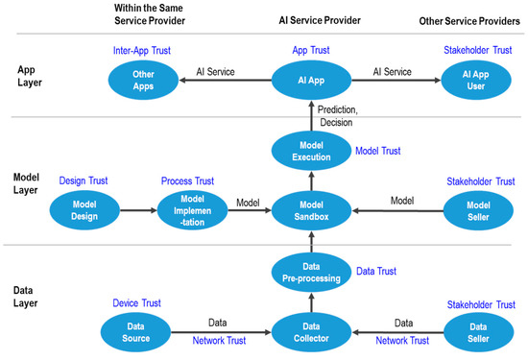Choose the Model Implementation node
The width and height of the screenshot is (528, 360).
(187, 206)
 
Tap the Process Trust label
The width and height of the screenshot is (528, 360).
(187, 179)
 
